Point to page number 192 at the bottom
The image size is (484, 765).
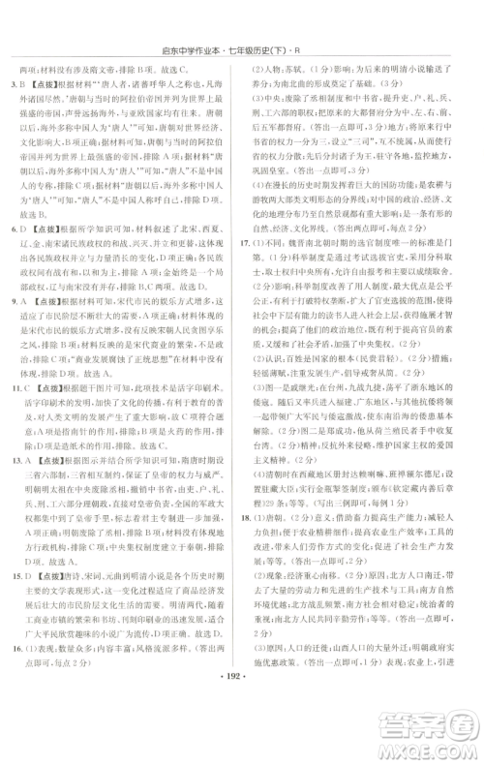pos(242,750)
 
